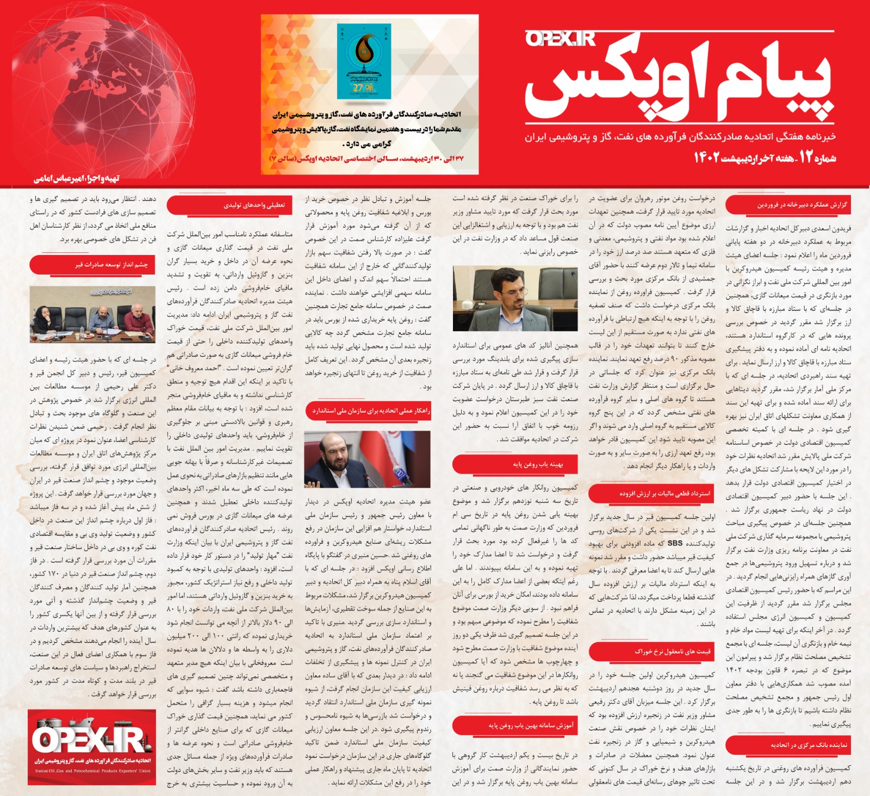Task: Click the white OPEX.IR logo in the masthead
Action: click(560, 39)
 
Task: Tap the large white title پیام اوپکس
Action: click(680, 82)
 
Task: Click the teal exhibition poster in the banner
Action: click(364, 61)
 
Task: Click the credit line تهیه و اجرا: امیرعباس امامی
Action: click(77, 178)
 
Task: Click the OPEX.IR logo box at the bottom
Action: click(92, 747)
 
